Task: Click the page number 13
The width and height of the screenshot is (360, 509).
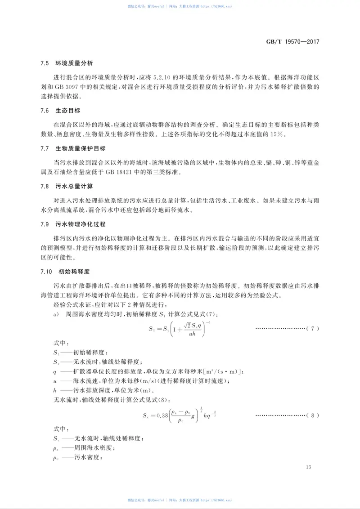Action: (308, 467)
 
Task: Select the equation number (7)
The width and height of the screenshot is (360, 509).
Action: (312, 329)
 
